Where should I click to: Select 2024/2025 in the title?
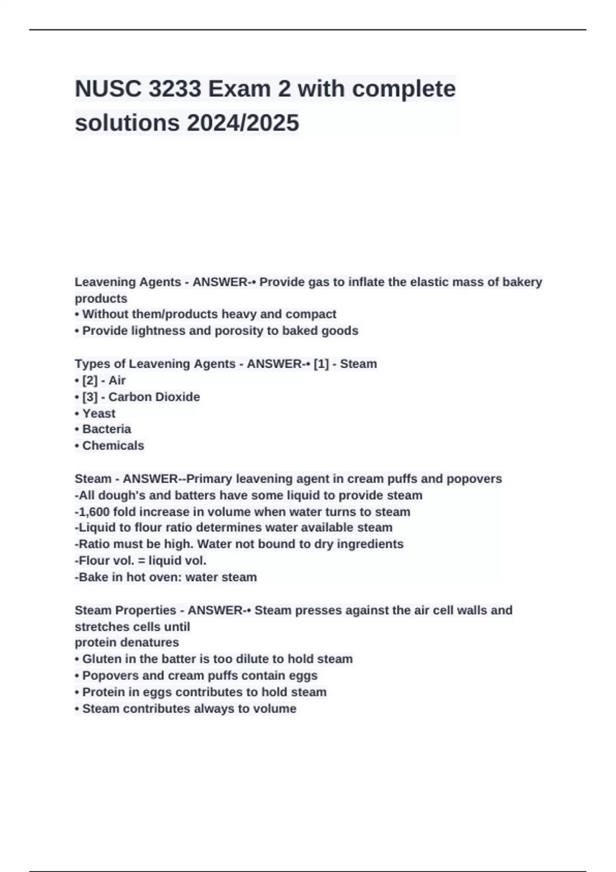(243, 123)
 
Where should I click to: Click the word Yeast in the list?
(99, 413)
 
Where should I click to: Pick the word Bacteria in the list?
(106, 429)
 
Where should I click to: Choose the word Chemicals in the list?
(113, 445)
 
